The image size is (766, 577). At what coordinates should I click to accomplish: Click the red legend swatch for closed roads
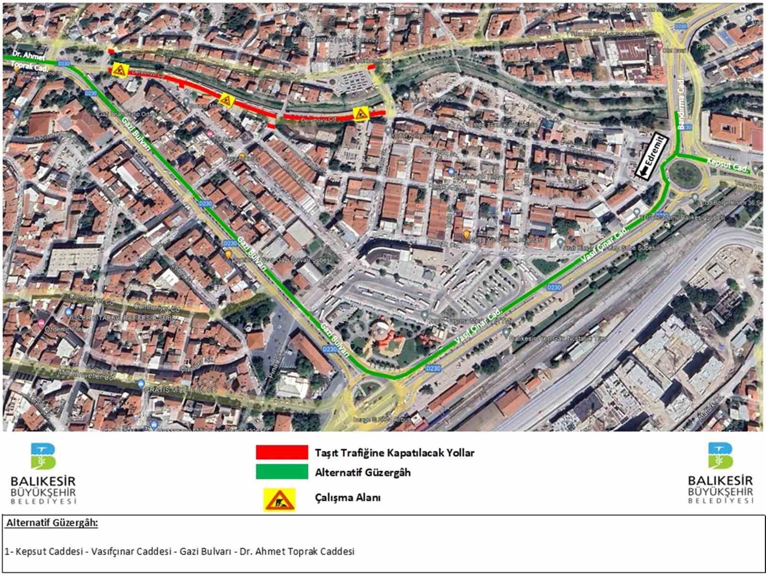coord(282,452)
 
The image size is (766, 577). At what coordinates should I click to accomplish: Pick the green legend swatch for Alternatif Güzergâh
coord(282,472)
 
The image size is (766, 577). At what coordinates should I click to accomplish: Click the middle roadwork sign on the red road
coord(225,100)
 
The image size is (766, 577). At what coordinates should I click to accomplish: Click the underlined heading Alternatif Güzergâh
coord(52,523)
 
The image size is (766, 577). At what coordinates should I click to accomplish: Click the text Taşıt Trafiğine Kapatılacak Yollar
coord(394,452)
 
